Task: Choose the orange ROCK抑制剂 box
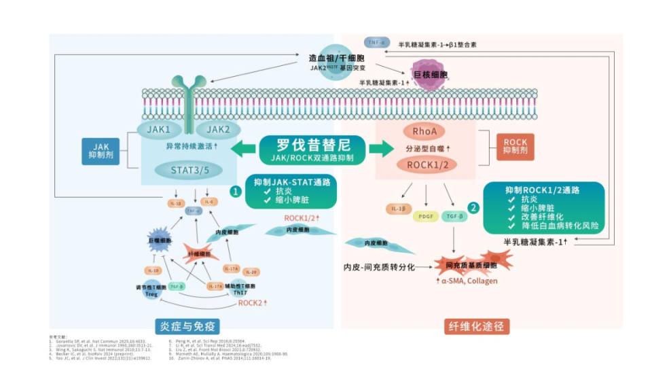click(515, 147)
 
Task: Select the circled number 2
click(473, 209)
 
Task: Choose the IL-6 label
click(208, 202)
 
